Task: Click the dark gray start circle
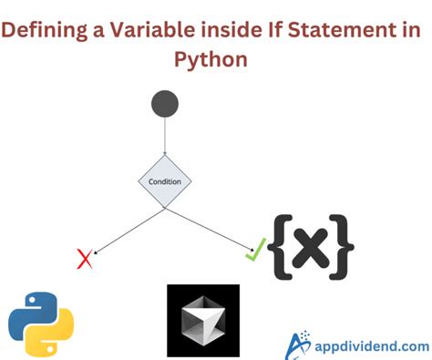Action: (x=165, y=104)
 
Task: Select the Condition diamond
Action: (x=165, y=180)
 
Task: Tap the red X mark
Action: (x=86, y=260)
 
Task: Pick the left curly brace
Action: (x=283, y=244)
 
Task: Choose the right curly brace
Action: (x=344, y=244)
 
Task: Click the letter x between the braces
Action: (x=314, y=244)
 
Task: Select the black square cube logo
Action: (x=203, y=320)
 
